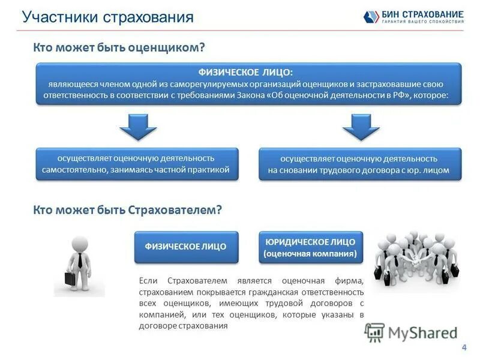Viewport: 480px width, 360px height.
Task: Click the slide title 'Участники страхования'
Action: pyautogui.click(x=108, y=17)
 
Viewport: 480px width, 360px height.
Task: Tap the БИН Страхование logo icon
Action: pyautogui.click(x=370, y=17)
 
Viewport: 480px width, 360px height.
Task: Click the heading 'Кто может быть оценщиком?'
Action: pyautogui.click(x=119, y=47)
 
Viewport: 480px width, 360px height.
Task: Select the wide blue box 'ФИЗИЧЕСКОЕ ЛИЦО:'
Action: pyautogui.click(x=248, y=83)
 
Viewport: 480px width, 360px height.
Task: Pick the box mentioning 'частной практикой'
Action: pyautogui.click(x=136, y=164)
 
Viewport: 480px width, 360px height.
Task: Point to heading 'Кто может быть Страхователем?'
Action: pyautogui.click(x=128, y=209)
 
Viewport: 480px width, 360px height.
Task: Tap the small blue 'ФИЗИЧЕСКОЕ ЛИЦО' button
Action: pyautogui.click(x=186, y=247)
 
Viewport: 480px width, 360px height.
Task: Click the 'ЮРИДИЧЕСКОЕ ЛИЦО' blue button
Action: pyautogui.click(x=310, y=247)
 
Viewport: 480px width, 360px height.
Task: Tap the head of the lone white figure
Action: pyautogui.click(x=80, y=244)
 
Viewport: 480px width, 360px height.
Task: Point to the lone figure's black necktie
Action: pyautogui.click(x=80, y=260)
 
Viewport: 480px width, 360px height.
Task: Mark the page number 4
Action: pyautogui.click(x=464, y=347)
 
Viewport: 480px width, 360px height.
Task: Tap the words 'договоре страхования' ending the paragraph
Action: pyautogui.click(x=184, y=326)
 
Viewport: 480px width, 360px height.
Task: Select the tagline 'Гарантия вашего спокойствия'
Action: pyautogui.click(x=422, y=22)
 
